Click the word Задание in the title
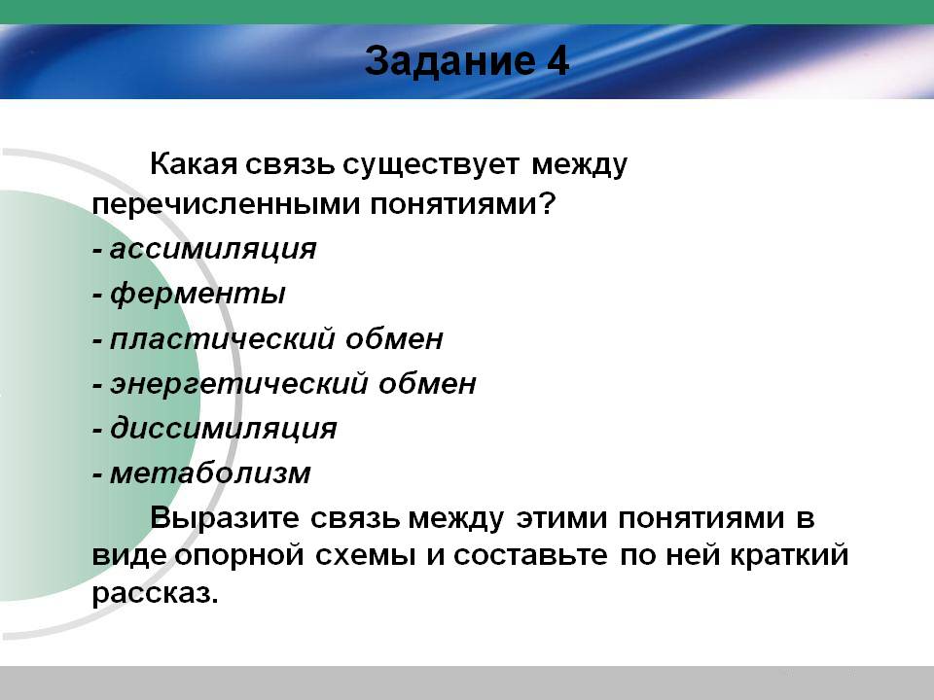[x=449, y=61]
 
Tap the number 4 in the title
[x=557, y=60]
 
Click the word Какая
[x=194, y=163]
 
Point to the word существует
[x=431, y=165]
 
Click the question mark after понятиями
[x=547, y=203]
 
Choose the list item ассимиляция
[x=213, y=250]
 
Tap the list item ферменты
[x=198, y=294]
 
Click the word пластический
[x=223, y=339]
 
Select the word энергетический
[x=239, y=384]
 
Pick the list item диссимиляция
[x=224, y=429]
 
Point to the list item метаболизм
[x=210, y=473]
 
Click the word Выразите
[x=225, y=518]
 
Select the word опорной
[x=239, y=556]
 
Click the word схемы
[x=365, y=556]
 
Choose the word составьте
[x=531, y=556]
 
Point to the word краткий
[x=789, y=555]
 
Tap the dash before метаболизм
[x=97, y=475]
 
